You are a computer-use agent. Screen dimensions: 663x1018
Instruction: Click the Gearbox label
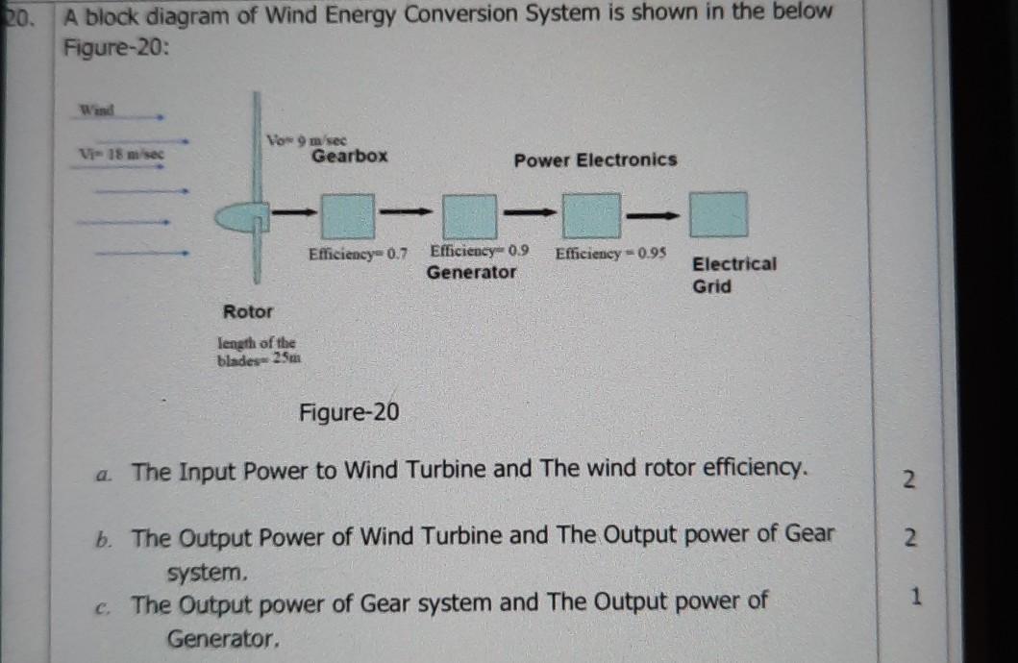coord(350,156)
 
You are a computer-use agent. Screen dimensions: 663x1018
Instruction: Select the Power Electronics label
coord(595,160)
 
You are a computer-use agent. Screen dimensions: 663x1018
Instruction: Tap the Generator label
coord(471,272)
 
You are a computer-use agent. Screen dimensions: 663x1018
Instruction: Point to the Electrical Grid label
coord(733,275)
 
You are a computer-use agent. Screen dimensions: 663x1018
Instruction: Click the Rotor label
coord(248,311)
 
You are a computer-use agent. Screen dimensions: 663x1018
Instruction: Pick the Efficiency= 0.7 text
coord(358,254)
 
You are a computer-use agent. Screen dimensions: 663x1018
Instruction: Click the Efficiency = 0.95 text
coord(610,253)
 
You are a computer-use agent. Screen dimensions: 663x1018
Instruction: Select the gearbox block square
coord(347,216)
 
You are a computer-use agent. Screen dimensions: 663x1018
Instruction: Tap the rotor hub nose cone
coord(236,220)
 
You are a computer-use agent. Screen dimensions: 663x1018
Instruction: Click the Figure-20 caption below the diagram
coord(348,413)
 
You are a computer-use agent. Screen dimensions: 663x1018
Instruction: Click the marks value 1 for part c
coord(916,597)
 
